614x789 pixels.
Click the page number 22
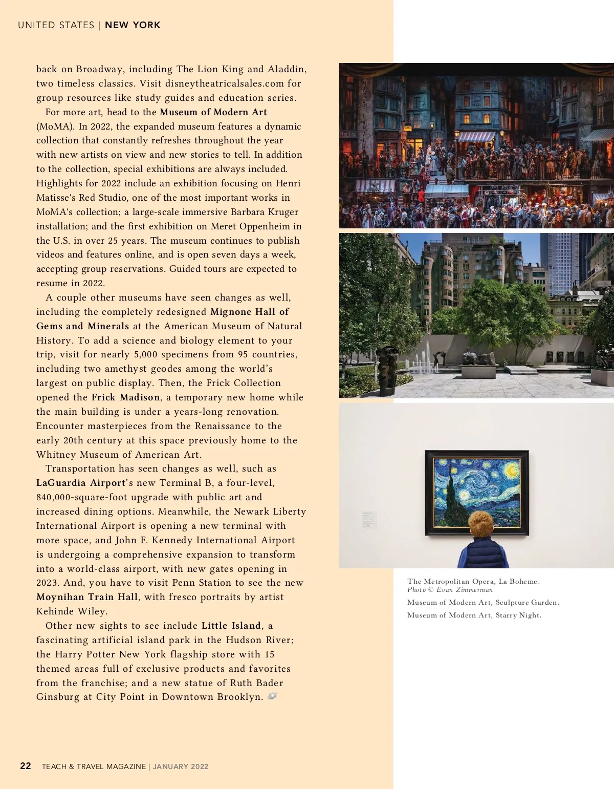tap(26, 766)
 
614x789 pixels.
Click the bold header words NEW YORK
tap(133, 25)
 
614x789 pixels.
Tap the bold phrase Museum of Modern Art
tap(213, 112)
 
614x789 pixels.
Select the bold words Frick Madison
tap(126, 397)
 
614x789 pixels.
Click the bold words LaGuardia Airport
tap(81, 483)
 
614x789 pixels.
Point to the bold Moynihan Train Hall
tap(87, 597)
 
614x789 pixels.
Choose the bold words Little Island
tap(231, 626)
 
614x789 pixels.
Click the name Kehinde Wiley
tap(72, 611)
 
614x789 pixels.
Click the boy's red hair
tap(482, 522)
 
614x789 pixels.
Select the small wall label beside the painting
tap(369, 519)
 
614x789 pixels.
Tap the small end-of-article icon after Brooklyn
tap(272, 696)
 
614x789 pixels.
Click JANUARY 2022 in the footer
tap(181, 766)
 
